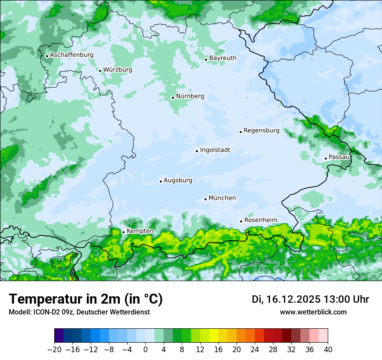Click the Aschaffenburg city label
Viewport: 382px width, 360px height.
(x=72, y=55)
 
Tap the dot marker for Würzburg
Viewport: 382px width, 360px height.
(x=100, y=71)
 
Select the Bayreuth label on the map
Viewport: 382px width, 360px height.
(x=223, y=58)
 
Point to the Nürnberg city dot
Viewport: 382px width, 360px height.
(x=173, y=98)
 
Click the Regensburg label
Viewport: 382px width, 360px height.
(x=261, y=131)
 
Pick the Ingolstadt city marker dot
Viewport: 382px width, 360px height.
(x=197, y=151)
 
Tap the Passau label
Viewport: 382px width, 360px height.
(x=339, y=157)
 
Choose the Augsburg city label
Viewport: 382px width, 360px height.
(x=178, y=180)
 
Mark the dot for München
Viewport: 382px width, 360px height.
(x=205, y=199)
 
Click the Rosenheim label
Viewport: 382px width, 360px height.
(x=260, y=220)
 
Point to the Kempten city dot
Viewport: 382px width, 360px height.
(x=123, y=232)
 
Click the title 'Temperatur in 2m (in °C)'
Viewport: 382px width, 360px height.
(x=86, y=299)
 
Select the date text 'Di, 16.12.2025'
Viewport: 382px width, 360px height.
(x=286, y=299)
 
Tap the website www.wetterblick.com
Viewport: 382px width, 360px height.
(x=313, y=312)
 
